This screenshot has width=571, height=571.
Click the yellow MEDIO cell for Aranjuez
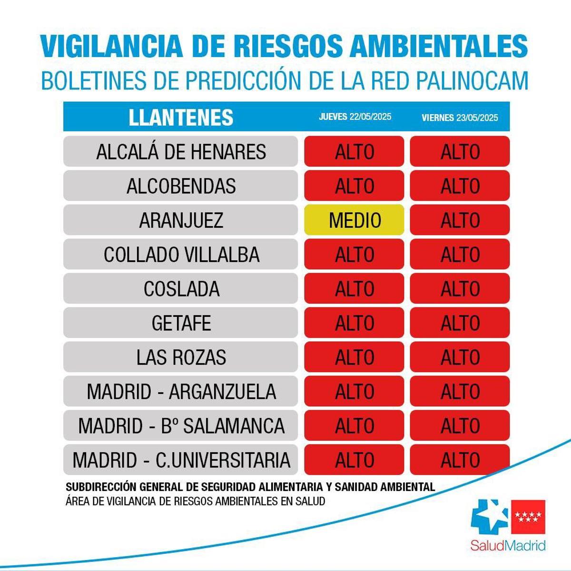point(354,220)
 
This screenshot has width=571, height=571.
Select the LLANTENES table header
point(181,118)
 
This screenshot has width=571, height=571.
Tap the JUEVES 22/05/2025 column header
point(355,117)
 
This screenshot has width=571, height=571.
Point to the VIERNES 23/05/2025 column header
point(460,118)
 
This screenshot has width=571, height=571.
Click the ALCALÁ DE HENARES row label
point(181,152)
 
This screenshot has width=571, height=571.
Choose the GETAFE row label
point(181,323)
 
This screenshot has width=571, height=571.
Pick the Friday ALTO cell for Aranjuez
point(460,220)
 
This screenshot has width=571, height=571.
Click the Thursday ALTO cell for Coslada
point(354,288)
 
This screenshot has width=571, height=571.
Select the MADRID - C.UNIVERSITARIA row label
point(181,460)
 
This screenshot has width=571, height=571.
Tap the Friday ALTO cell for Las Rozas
point(460,357)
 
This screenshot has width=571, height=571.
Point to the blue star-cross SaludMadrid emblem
point(489,517)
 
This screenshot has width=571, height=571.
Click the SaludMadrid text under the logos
point(508,545)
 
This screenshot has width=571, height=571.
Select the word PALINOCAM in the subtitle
point(473,80)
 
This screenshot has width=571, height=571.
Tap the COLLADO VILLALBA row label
point(181,255)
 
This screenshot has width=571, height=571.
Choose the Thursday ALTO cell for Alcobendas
point(354,186)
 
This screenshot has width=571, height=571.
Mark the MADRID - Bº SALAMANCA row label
point(181,425)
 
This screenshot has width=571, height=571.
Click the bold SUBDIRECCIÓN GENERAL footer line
point(250,487)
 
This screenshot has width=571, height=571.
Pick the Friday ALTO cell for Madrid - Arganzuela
point(460,391)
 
